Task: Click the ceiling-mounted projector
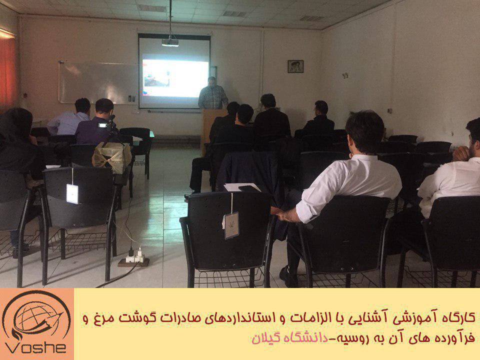(x=170, y=42)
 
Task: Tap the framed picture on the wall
(x=295, y=66)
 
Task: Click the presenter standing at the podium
(x=213, y=93)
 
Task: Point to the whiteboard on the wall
(x=98, y=82)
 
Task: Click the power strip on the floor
(x=134, y=259)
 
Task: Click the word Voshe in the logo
(x=35, y=348)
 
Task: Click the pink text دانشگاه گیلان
(x=289, y=337)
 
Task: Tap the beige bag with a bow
(x=112, y=156)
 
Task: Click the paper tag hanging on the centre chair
(x=231, y=225)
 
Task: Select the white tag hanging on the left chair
(x=72, y=193)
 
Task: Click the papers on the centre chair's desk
(x=242, y=187)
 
